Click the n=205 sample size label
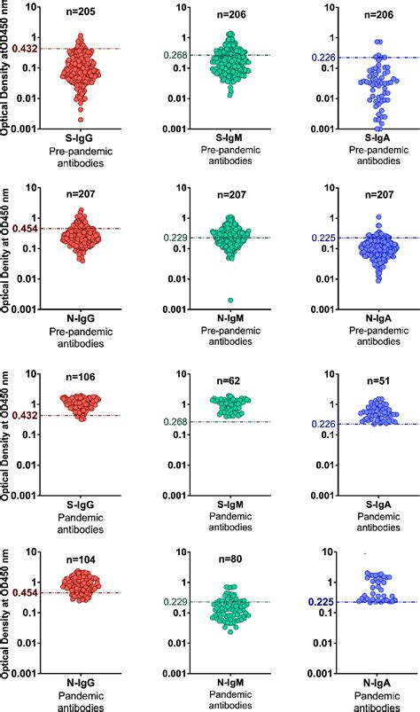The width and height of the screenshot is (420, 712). point(85,12)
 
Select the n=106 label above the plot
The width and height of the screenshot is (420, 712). point(85,376)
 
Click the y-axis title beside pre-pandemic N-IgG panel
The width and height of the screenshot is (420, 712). point(8,246)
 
